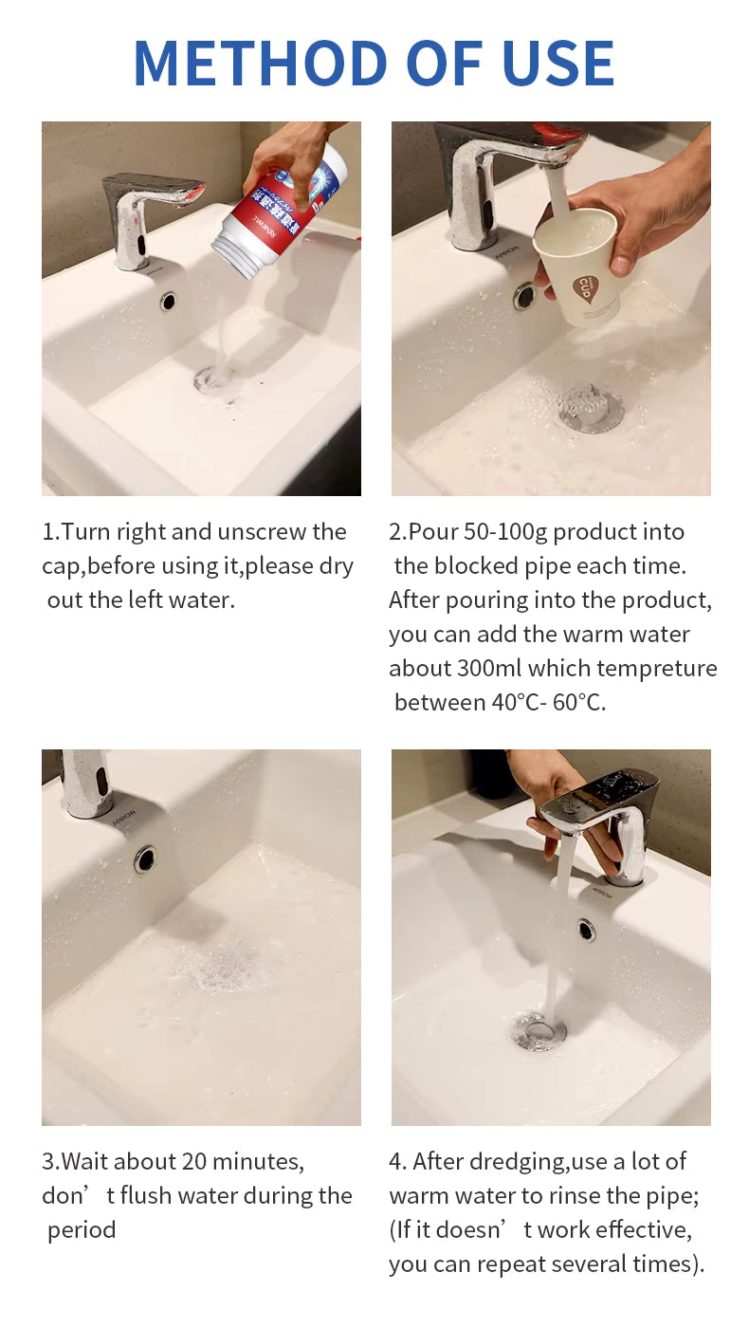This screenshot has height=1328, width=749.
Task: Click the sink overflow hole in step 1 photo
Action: [x=169, y=302]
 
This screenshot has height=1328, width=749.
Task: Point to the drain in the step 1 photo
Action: [x=213, y=379]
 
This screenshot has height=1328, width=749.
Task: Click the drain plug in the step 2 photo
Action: [x=590, y=407]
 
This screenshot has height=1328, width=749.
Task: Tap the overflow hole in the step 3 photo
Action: [x=144, y=859]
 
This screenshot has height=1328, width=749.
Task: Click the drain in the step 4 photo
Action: [x=539, y=1031]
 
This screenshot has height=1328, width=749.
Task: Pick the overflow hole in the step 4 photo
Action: [x=586, y=930]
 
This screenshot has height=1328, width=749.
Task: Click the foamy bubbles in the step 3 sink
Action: [x=220, y=965]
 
